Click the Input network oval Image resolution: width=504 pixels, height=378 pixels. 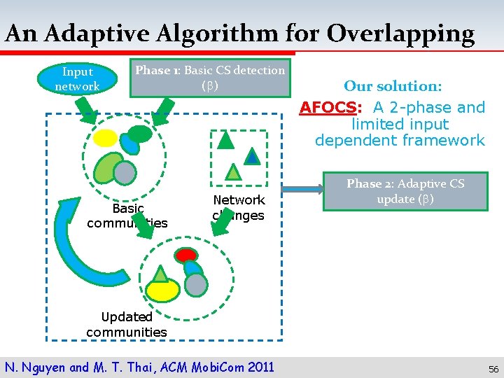click(77, 78)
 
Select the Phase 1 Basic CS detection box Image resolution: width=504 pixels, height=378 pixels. click(210, 78)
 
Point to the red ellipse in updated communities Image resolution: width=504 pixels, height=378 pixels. click(186, 255)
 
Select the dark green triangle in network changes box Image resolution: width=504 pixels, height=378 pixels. click(225, 141)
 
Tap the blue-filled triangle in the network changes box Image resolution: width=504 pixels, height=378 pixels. click(252, 156)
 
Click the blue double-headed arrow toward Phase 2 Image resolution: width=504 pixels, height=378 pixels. click(300, 188)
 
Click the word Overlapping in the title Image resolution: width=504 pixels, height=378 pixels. click(400, 33)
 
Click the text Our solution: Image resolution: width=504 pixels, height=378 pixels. click(392, 86)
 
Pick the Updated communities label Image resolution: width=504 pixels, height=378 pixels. click(127, 324)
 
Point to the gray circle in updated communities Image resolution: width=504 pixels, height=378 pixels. click(197, 283)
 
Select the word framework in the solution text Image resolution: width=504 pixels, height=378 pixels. click(449, 140)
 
